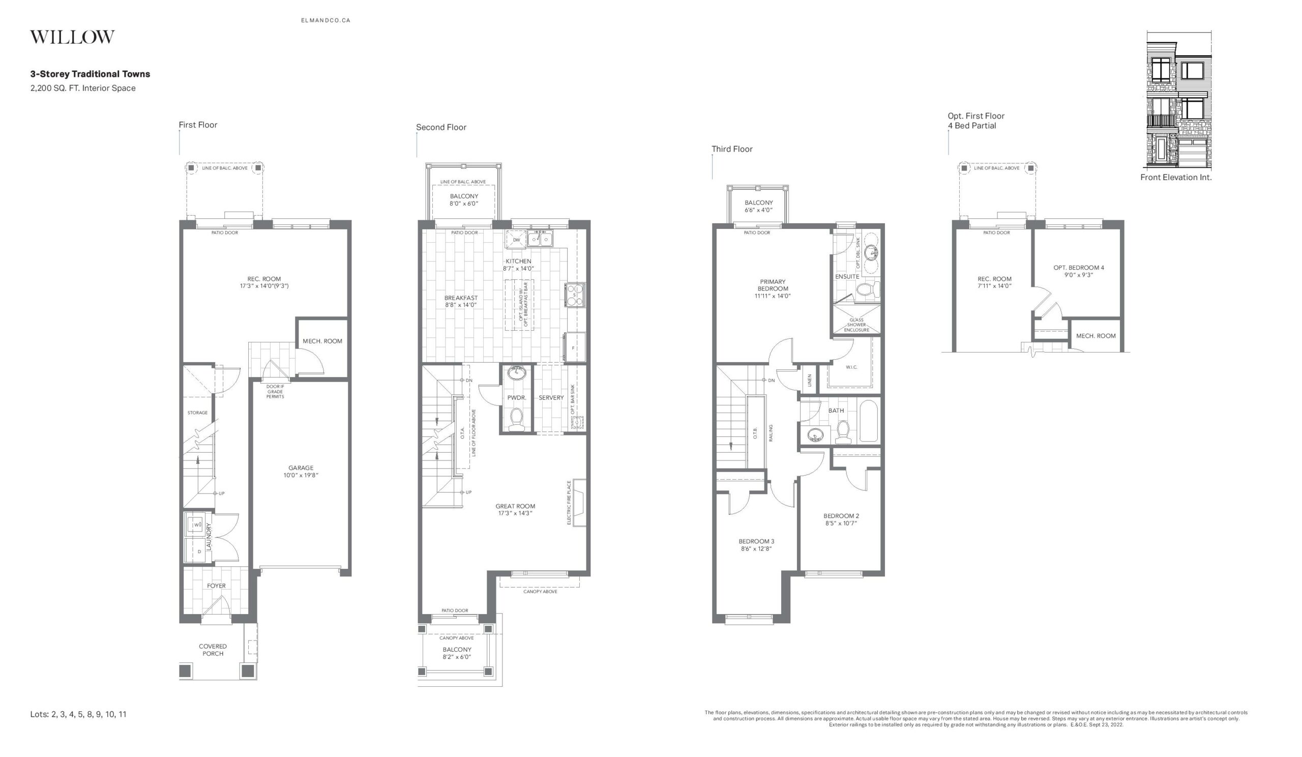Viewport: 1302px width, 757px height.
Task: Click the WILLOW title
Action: click(x=72, y=37)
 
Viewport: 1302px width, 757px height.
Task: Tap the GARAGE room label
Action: click(x=301, y=468)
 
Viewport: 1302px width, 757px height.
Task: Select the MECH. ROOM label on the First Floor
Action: click(x=322, y=341)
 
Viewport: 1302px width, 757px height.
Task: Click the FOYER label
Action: click(x=216, y=586)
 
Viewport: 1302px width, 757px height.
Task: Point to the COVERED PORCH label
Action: click(x=213, y=650)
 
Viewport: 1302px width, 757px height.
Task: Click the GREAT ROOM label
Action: click(x=515, y=506)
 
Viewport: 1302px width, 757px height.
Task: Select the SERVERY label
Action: click(x=551, y=398)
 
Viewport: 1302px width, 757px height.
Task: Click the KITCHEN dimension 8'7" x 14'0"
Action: click(x=518, y=269)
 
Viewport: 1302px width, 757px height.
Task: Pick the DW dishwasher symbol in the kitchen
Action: click(x=516, y=240)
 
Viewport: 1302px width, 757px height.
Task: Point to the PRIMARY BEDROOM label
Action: click(x=773, y=285)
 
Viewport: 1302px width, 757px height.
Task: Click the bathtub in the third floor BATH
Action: click(x=869, y=421)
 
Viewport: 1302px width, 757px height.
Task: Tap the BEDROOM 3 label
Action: click(x=756, y=541)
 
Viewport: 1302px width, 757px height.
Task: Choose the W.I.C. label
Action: click(x=851, y=367)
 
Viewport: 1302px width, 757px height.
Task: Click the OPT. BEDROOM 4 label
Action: click(x=1079, y=268)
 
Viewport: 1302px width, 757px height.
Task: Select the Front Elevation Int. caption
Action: click(x=1176, y=177)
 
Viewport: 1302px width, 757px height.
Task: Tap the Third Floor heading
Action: click(x=731, y=149)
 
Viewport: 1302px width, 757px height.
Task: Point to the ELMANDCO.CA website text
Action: click(x=325, y=21)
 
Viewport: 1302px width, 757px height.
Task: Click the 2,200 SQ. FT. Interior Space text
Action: click(x=83, y=89)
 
